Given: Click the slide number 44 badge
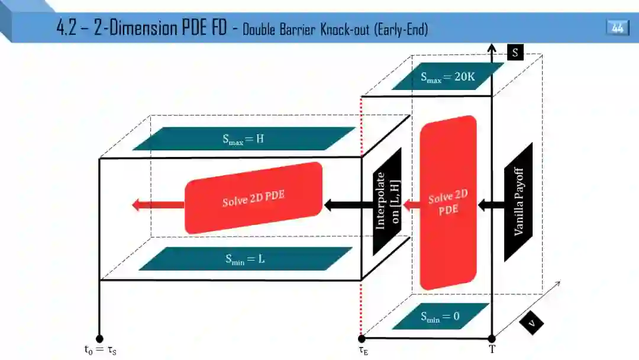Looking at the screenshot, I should pyautogui.click(x=617, y=28).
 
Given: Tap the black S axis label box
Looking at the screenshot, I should pyautogui.click(x=515, y=53).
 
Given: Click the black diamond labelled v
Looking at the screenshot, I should pyautogui.click(x=532, y=323).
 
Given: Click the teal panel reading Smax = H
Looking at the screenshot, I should pyautogui.click(x=243, y=139).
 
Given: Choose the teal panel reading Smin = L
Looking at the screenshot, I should pyautogui.click(x=243, y=259).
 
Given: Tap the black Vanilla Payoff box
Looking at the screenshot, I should pyautogui.click(x=518, y=202).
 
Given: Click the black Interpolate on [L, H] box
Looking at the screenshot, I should pyautogui.click(x=388, y=201).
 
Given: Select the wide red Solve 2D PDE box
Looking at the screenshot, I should pyautogui.click(x=254, y=198).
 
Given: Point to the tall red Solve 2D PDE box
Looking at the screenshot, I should pyautogui.click(x=448, y=202).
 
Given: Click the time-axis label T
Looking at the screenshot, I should pyautogui.click(x=492, y=349).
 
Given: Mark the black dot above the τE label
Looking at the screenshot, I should pyautogui.click(x=362, y=339).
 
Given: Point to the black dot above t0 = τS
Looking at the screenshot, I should pyautogui.click(x=99, y=339).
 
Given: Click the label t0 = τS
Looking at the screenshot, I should pyautogui.click(x=99, y=350).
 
